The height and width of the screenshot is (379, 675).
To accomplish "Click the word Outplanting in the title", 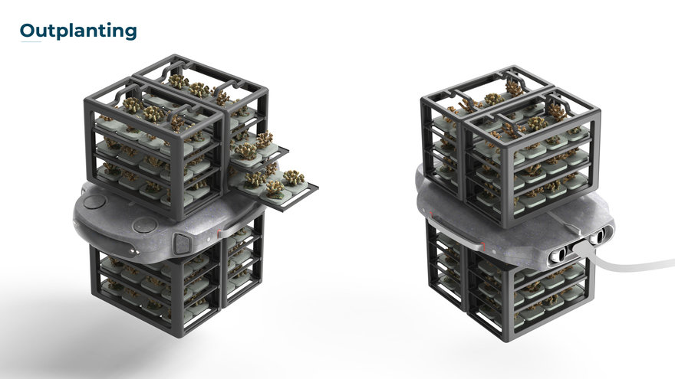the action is (78, 31).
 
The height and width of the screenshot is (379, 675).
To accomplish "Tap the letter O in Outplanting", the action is (27, 30).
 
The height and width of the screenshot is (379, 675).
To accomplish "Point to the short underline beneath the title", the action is (31, 41).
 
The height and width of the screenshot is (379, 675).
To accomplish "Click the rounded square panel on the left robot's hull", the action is (181, 243).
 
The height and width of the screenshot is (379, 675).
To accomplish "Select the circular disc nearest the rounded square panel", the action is (146, 224).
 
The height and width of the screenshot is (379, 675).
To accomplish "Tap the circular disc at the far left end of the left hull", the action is (94, 201).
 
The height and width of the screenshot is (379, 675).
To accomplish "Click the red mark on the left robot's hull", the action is (219, 234).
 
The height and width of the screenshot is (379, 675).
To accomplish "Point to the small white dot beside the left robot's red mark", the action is (209, 239).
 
